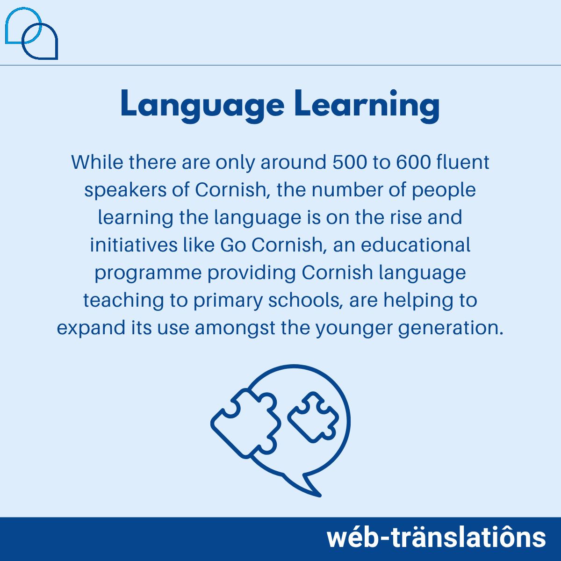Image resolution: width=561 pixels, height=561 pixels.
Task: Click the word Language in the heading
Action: [x=202, y=105]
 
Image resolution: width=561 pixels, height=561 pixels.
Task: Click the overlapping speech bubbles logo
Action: [x=31, y=34]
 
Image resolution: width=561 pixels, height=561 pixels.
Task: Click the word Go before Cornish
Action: [x=233, y=245]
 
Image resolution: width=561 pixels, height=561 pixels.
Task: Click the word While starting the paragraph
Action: [x=97, y=162]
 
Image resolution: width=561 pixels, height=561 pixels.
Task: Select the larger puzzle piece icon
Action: [x=245, y=423]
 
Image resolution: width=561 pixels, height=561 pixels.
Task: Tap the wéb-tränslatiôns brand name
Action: [x=436, y=538]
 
